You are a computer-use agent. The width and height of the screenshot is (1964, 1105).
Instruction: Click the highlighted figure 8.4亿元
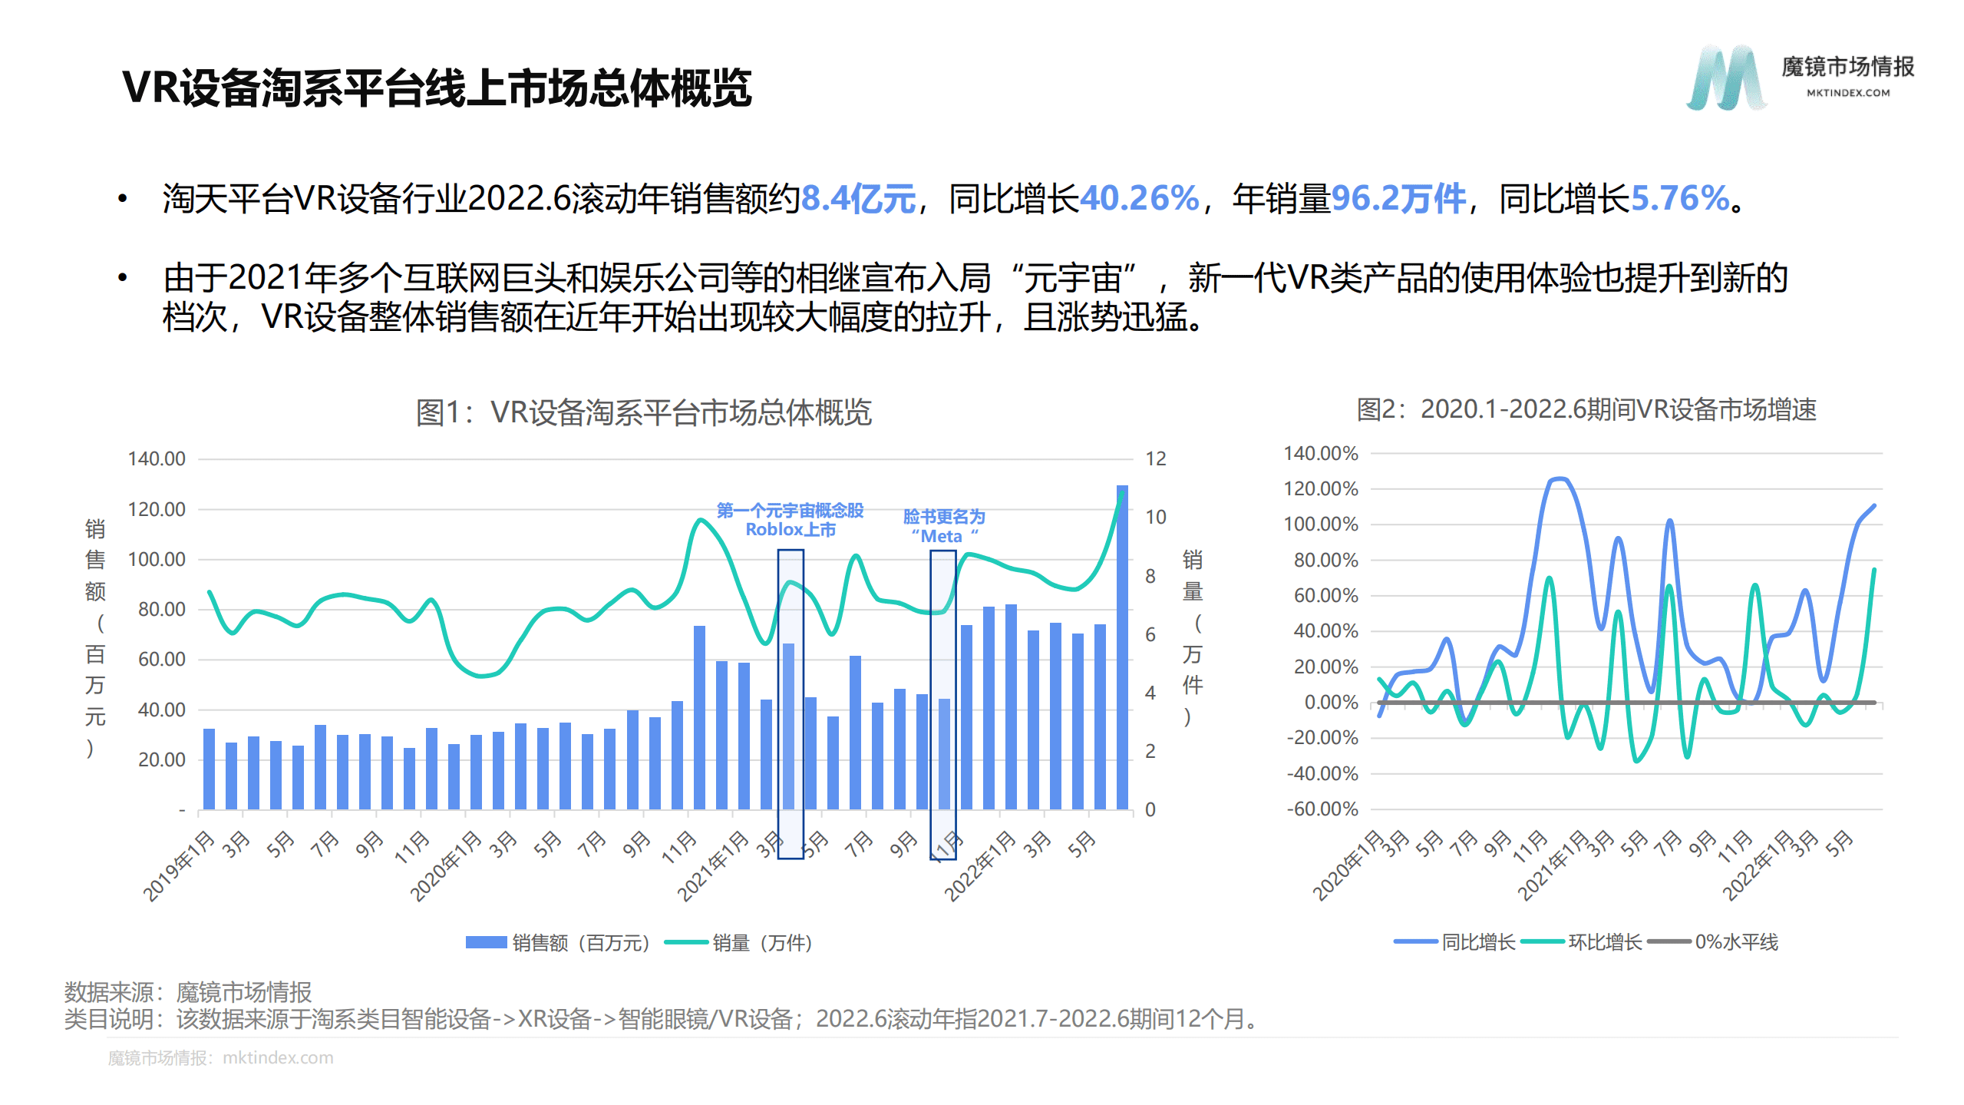point(857,199)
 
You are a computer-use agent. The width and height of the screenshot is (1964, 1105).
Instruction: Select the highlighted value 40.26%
point(1139,199)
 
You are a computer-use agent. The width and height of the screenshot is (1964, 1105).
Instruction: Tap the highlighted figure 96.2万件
point(1398,199)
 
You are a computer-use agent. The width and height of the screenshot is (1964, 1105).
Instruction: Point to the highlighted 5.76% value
point(1679,199)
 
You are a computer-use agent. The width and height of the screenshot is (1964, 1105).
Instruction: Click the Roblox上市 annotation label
point(790,530)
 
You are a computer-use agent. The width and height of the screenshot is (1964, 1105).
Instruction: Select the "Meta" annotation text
point(943,536)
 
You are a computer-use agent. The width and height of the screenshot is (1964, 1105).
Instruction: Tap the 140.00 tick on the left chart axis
point(157,459)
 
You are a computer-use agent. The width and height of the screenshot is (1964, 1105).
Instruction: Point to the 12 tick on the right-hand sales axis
point(1155,459)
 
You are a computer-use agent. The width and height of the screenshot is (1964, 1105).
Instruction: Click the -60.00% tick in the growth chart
point(1322,809)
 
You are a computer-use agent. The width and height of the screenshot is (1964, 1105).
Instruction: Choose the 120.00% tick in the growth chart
point(1320,488)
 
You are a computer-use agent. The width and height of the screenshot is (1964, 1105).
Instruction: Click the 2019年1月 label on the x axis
point(179,865)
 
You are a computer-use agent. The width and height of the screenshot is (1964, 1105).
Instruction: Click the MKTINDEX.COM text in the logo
point(1847,93)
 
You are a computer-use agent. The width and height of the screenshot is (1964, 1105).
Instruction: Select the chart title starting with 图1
point(643,412)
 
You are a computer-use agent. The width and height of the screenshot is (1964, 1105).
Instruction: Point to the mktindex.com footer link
point(278,1057)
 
